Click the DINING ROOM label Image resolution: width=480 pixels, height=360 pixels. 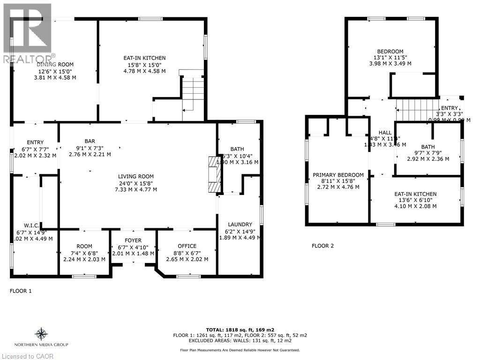click(55, 65)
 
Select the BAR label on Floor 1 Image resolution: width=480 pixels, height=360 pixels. click(90, 141)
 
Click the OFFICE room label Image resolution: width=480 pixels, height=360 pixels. click(187, 246)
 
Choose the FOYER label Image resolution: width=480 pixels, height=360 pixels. click(133, 241)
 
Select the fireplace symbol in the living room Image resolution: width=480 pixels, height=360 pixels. click(213, 174)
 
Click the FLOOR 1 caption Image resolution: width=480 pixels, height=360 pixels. click(21, 291)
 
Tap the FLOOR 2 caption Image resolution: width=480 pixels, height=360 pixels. click(323, 246)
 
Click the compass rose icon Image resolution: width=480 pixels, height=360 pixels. click(41, 334)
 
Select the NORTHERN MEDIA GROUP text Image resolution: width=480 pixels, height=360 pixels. click(41, 345)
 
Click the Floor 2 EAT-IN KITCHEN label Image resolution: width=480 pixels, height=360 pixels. click(415, 194)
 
